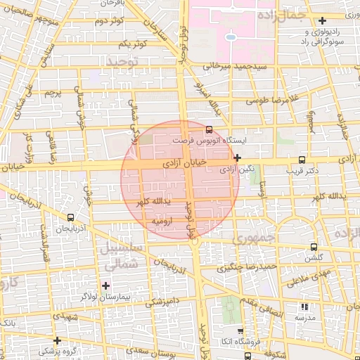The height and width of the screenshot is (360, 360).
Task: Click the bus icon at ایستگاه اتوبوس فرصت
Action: [209, 129]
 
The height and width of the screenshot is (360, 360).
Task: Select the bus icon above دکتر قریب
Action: [302, 159]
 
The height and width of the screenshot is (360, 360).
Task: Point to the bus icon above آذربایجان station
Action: [70, 217]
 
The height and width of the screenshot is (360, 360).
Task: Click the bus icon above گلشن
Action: [313, 247]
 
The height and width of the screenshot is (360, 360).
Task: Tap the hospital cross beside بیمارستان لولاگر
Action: [106, 285]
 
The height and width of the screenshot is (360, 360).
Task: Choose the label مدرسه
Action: [304, 318]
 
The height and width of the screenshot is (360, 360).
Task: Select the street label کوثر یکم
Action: [133, 44]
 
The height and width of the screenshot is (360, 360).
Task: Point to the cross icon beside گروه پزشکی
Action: [58, 340]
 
